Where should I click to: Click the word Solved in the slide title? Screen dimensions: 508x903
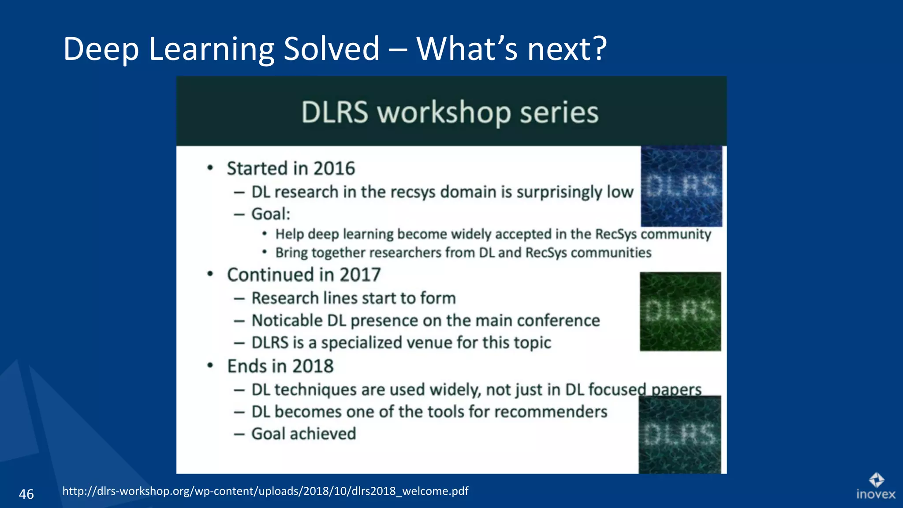click(331, 49)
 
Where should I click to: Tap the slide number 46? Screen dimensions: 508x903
click(26, 494)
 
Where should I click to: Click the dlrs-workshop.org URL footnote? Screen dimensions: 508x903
click(265, 491)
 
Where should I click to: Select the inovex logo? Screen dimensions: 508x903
click(876, 487)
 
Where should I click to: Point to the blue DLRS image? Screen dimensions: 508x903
click(681, 186)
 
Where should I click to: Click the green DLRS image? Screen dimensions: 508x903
click(680, 311)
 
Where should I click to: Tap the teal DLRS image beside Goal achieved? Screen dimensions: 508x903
click(679, 435)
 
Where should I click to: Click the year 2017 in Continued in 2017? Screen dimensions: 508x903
click(360, 275)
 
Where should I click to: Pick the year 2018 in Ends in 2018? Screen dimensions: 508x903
click(313, 366)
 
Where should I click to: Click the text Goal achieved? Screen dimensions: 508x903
click(303, 434)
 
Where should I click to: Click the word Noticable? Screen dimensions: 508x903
click(287, 321)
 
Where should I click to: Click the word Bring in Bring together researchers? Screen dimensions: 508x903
click(291, 253)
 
